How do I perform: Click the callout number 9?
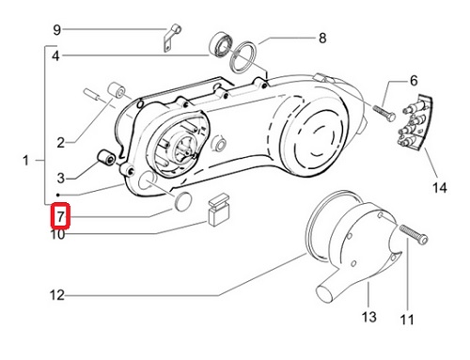56,30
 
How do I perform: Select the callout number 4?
55,56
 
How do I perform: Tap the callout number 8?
322,39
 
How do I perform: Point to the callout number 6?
414,81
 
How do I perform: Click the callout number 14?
439,188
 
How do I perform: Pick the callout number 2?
61,143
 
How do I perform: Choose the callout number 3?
61,179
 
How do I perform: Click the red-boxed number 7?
60,215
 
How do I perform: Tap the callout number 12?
57,295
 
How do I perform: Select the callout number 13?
368,317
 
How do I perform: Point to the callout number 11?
407,320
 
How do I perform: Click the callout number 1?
25,161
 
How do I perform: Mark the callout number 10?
57,234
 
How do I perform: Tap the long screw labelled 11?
414,235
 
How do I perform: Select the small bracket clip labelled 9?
172,38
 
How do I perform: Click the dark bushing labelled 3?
105,157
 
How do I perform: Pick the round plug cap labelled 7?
182,200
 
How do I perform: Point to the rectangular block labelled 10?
219,210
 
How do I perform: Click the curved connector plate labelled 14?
415,120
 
